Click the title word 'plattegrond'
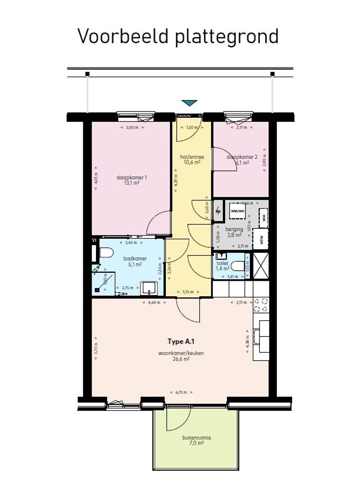(227, 36)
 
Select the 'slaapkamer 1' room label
(132, 178)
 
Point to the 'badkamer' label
(135, 259)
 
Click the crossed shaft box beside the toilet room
(260, 266)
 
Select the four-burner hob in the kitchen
(260, 305)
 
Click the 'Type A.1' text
(181, 341)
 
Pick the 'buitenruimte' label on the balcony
(197, 438)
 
